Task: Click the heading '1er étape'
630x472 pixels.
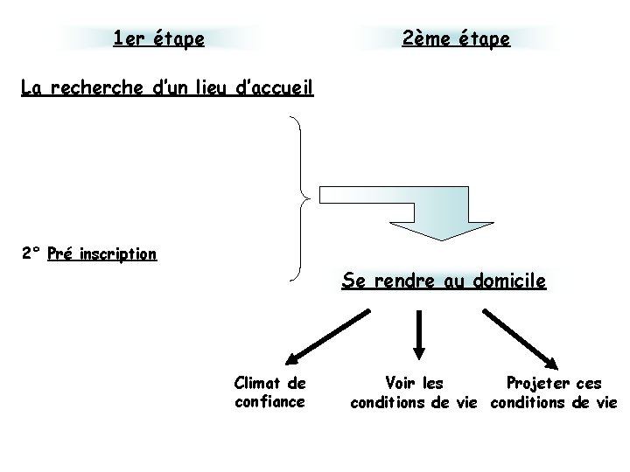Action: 159,38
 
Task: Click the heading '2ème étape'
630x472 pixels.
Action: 456,38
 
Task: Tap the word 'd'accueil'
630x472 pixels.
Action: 275,87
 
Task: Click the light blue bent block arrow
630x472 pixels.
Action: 411,210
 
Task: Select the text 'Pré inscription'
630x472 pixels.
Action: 102,254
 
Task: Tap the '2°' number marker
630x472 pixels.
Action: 32,254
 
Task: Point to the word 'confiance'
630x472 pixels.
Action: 269,401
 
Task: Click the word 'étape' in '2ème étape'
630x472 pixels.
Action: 482,38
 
